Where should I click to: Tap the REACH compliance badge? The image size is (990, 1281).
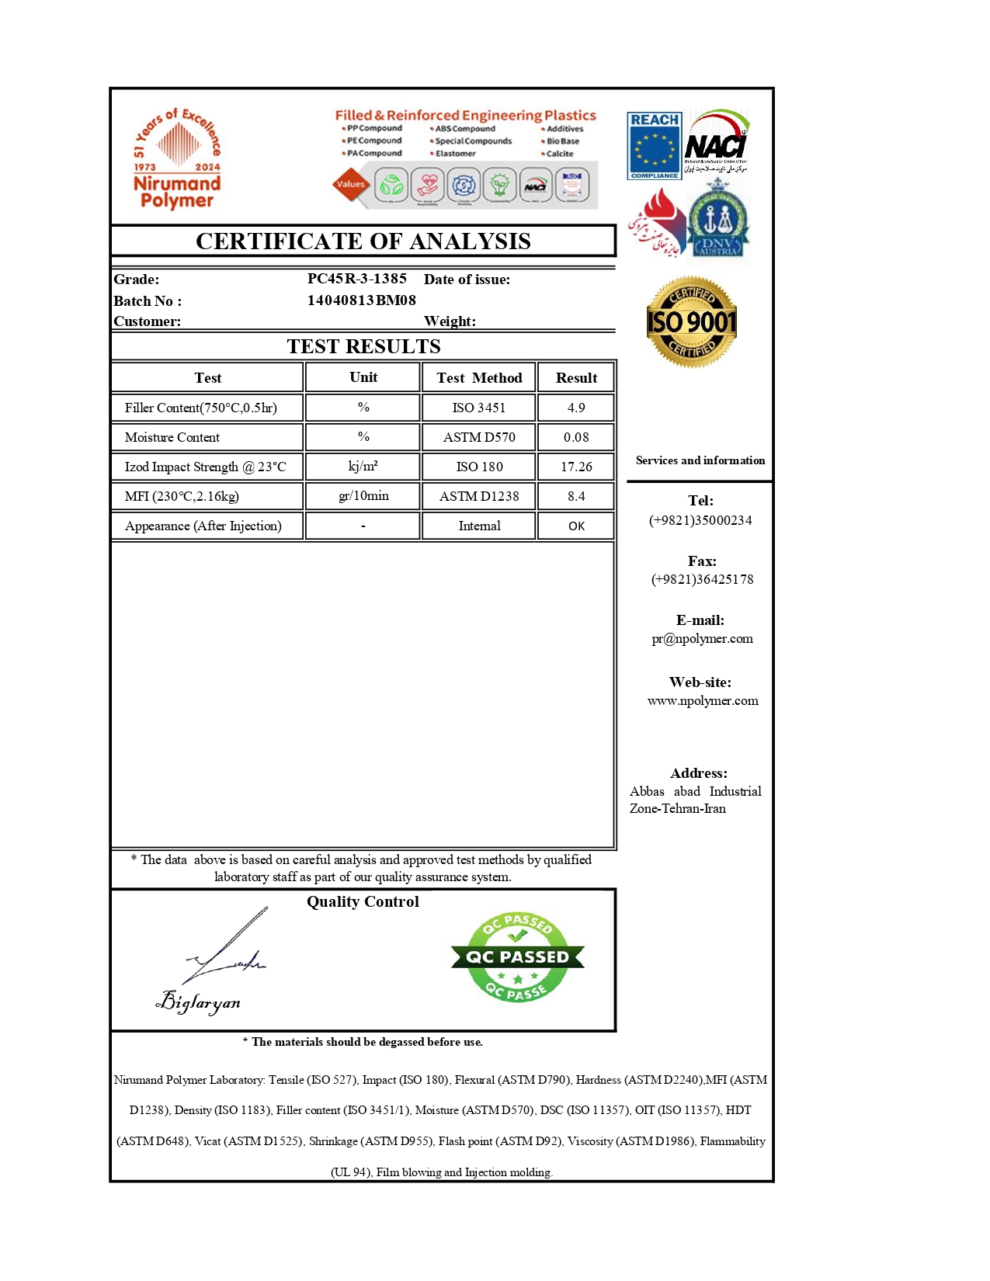(655, 146)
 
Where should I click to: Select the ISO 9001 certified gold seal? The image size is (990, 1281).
(691, 321)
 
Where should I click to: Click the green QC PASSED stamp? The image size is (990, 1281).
(517, 957)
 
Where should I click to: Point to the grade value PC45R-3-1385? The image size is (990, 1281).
(356, 279)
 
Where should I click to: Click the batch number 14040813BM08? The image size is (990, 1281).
(361, 300)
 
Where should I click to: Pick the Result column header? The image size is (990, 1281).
(576, 378)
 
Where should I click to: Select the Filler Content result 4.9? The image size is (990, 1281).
(576, 408)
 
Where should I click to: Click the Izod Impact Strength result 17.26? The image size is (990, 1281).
(576, 467)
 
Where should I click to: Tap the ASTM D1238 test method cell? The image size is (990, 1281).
(479, 496)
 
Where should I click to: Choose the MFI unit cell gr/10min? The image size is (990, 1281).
(363, 496)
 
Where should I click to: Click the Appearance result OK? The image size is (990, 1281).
(576, 526)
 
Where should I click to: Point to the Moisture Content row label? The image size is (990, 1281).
(172, 437)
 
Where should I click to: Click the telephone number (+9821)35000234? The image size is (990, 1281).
(700, 520)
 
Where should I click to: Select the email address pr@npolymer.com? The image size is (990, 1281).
(702, 639)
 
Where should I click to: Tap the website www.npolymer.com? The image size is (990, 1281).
(703, 700)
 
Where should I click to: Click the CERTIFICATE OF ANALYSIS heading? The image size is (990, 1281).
(363, 241)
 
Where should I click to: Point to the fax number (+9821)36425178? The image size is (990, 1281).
(702, 579)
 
